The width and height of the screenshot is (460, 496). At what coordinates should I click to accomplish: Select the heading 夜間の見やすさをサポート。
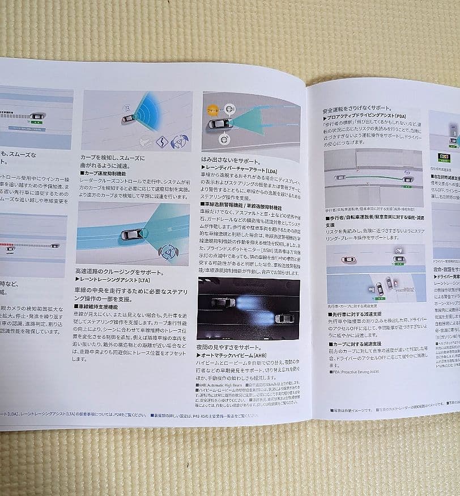[229, 347]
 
